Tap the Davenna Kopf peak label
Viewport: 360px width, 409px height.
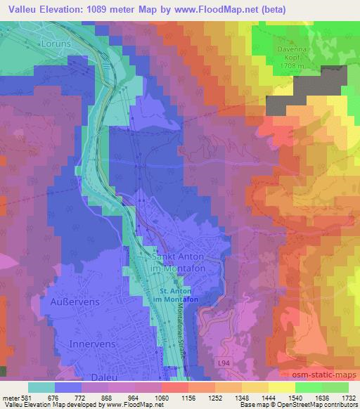click(292, 53)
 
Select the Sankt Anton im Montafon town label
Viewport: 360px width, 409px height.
click(176, 263)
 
